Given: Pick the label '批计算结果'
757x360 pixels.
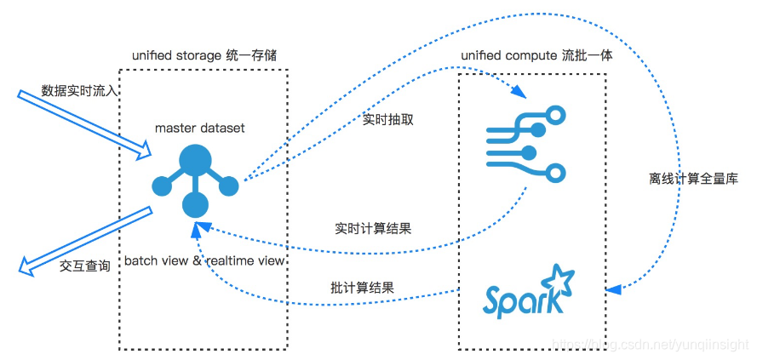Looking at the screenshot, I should coord(363,286).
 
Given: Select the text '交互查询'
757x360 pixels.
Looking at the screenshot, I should coord(85,266).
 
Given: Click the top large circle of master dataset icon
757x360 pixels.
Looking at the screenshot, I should coord(195,160).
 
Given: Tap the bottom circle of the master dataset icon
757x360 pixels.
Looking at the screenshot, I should coord(195,204).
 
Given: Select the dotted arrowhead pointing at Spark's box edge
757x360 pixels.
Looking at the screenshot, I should coord(613,290).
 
